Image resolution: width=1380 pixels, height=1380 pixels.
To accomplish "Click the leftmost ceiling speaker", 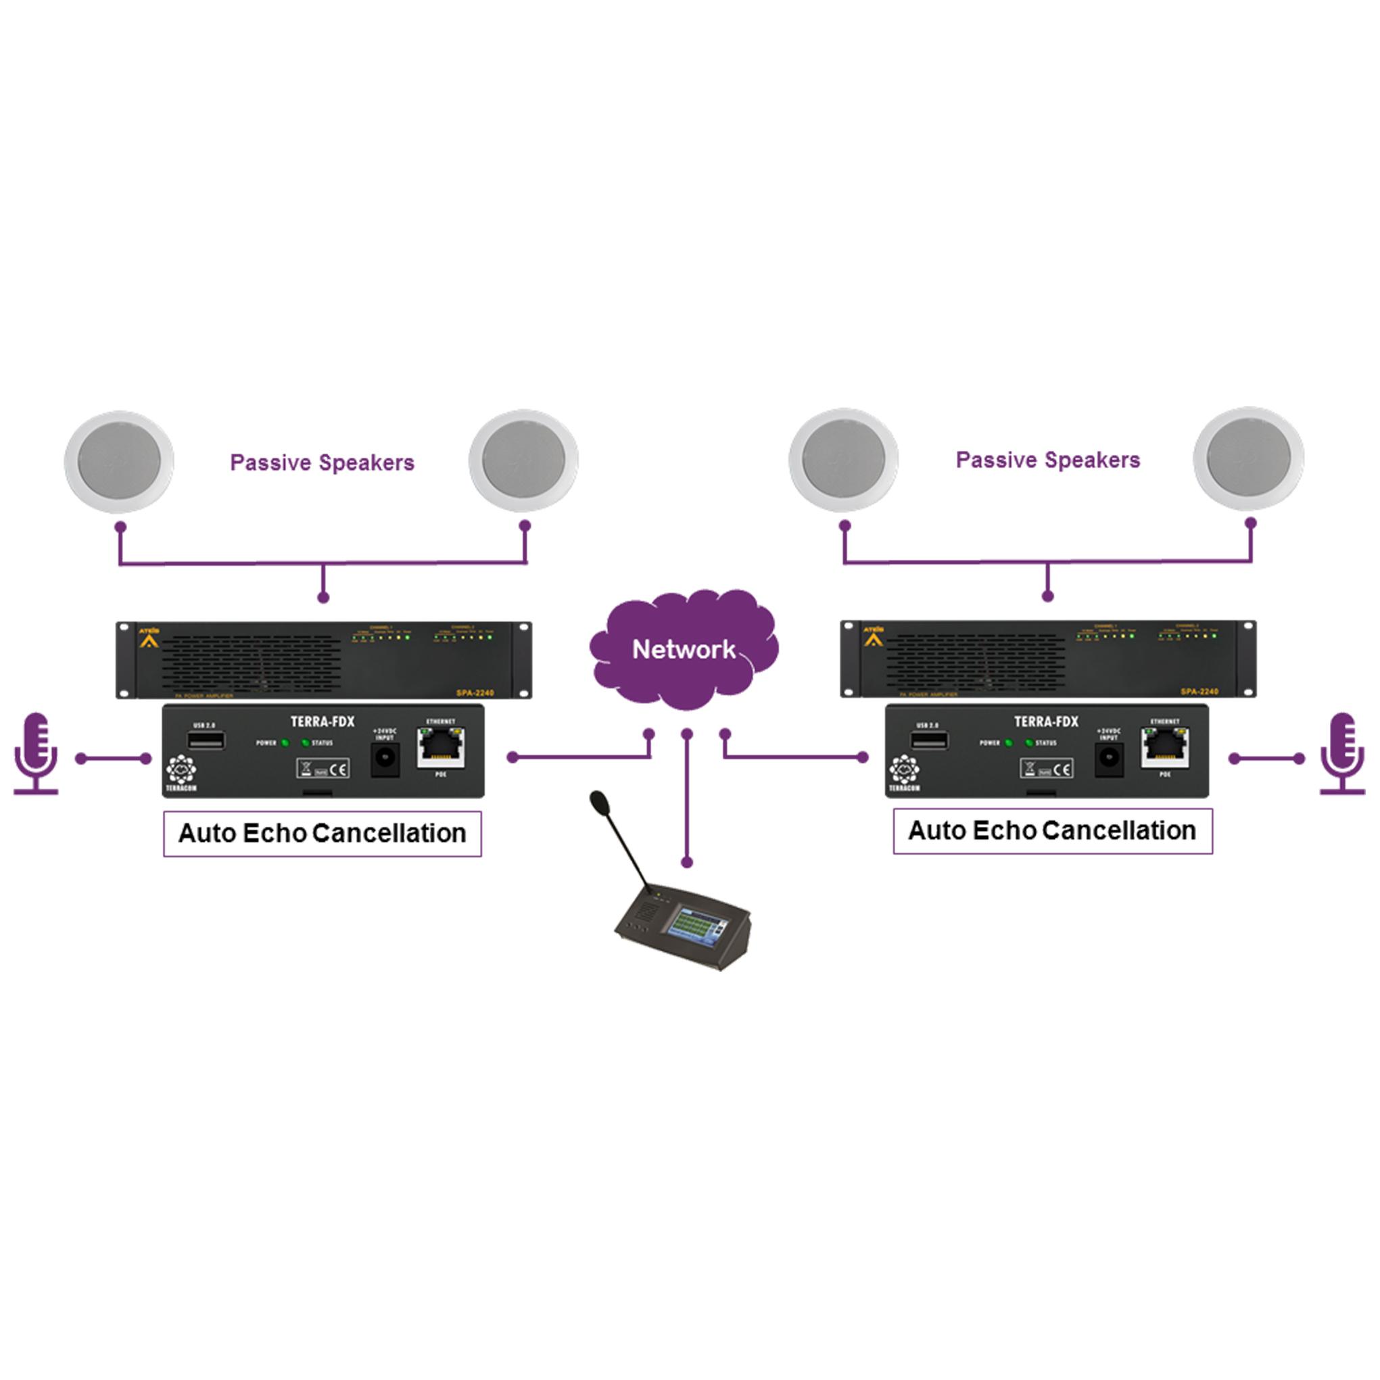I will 119,461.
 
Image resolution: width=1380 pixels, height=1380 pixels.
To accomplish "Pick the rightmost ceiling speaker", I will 1248,458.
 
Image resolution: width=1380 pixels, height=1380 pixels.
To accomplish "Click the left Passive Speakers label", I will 322,463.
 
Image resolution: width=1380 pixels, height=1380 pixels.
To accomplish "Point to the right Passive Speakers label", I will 1048,460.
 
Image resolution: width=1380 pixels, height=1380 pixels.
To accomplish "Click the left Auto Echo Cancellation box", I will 322,834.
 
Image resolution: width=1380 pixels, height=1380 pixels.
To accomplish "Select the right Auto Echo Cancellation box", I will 1052,831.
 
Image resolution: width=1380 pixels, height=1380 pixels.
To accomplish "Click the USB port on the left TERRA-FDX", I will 206,740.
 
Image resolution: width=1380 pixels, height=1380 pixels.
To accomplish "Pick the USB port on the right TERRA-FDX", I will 929,740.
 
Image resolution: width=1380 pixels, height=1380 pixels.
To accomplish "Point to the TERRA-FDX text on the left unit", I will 322,721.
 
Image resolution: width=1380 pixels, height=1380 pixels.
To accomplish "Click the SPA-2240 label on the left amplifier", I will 475,693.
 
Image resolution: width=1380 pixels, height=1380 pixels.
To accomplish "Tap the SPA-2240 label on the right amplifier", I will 1199,692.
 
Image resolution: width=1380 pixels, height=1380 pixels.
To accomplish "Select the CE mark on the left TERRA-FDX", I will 339,769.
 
